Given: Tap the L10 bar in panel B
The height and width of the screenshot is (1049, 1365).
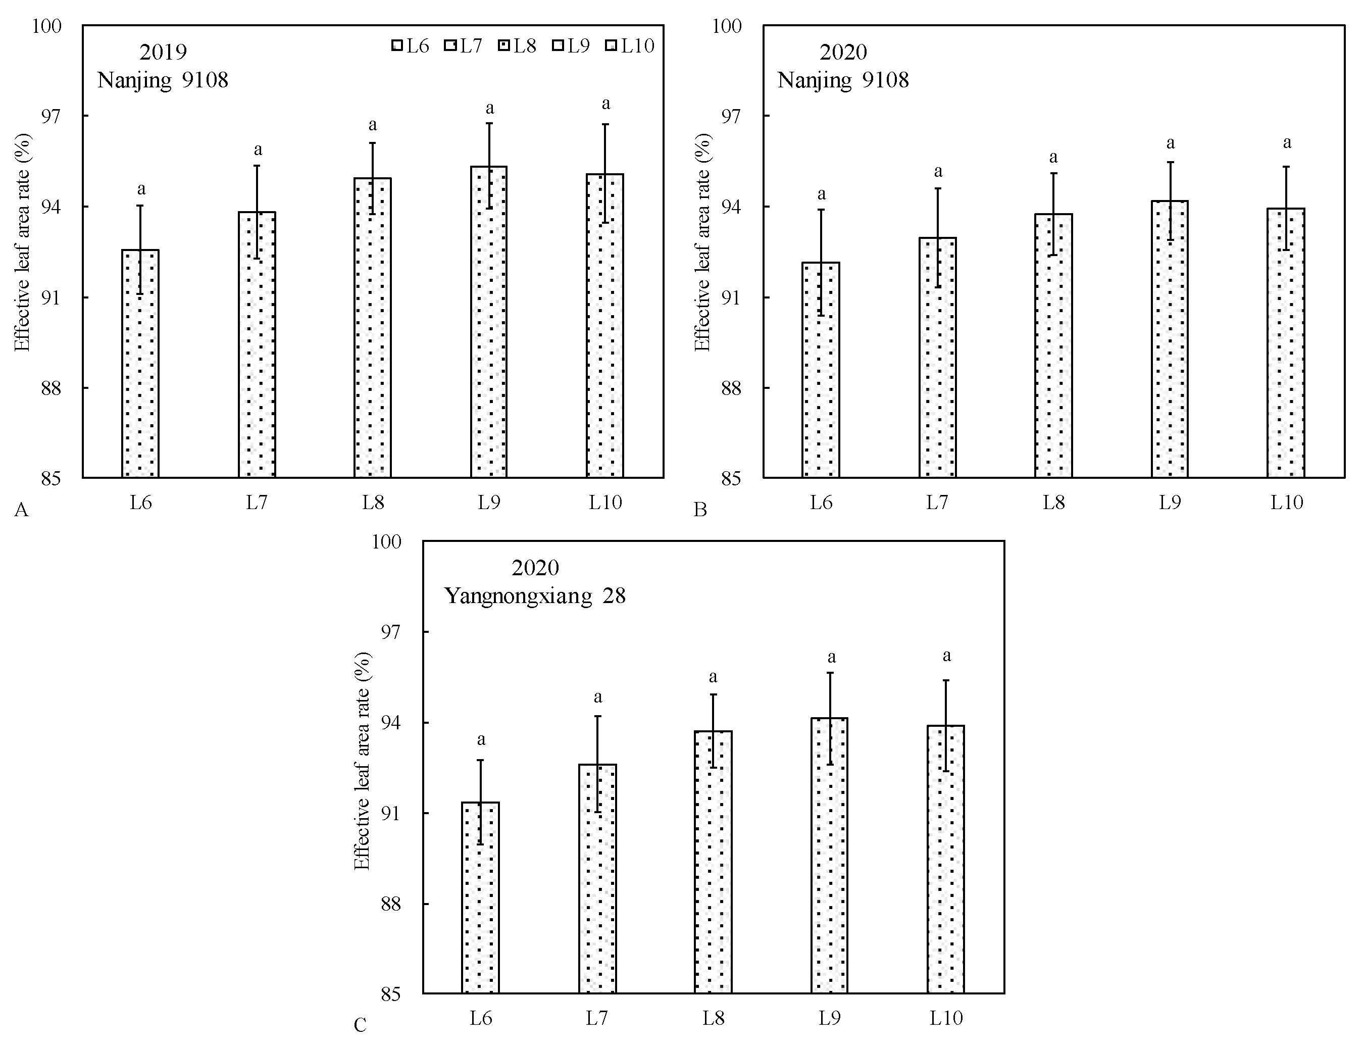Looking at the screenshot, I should tap(1286, 343).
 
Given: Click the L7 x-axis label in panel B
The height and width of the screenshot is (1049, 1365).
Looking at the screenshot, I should tap(937, 502).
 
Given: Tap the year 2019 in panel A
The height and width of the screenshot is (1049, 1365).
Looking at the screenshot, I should tap(163, 52).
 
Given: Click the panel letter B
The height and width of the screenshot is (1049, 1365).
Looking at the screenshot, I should tap(700, 510).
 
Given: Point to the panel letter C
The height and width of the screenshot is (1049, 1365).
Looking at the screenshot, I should tap(360, 1025).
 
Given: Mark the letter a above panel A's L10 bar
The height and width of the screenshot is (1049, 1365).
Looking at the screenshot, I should tap(605, 104).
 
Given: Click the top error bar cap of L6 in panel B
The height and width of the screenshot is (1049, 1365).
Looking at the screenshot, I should tap(821, 210).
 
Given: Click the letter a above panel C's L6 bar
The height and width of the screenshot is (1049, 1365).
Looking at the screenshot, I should tap(481, 740).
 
